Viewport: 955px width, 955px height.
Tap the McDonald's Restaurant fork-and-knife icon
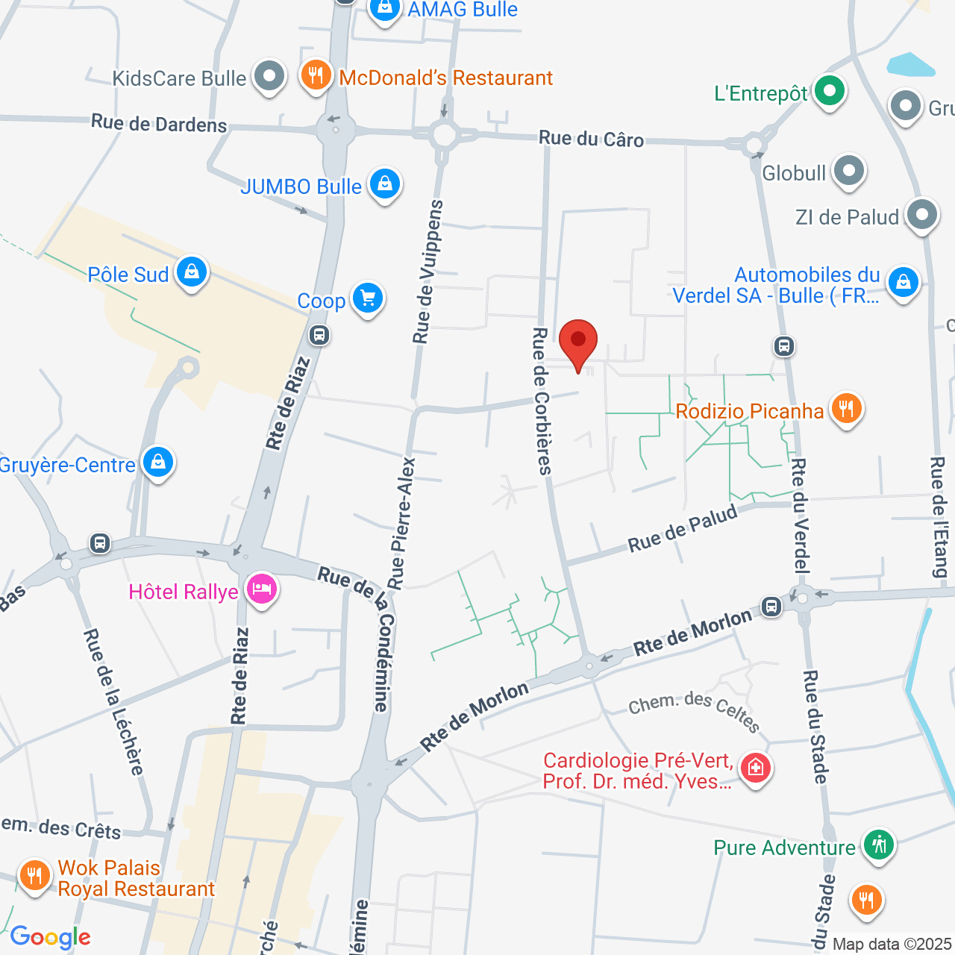[316, 75]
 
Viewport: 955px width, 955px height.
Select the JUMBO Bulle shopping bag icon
[385, 184]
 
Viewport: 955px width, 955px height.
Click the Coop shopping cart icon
[367, 298]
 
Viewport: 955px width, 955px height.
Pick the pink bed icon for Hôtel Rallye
[262, 590]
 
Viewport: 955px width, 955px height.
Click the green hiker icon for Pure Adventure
[880, 845]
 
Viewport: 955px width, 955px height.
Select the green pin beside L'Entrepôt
[828, 91]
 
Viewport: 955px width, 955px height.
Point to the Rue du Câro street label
[591, 139]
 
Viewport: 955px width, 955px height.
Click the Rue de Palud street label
[682, 528]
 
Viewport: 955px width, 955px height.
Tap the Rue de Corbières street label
[542, 401]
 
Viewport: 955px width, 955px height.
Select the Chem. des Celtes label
[694, 711]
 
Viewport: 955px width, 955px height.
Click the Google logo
[51, 937]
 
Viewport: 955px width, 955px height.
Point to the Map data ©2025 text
[892, 945]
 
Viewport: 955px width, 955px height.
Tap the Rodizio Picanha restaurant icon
[845, 409]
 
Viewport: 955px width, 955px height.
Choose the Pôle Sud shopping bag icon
[192, 272]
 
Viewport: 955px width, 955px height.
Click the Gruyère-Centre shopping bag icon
[158, 463]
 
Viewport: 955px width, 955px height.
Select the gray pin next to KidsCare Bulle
[269, 75]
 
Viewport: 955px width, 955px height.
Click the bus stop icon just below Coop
[319, 336]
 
